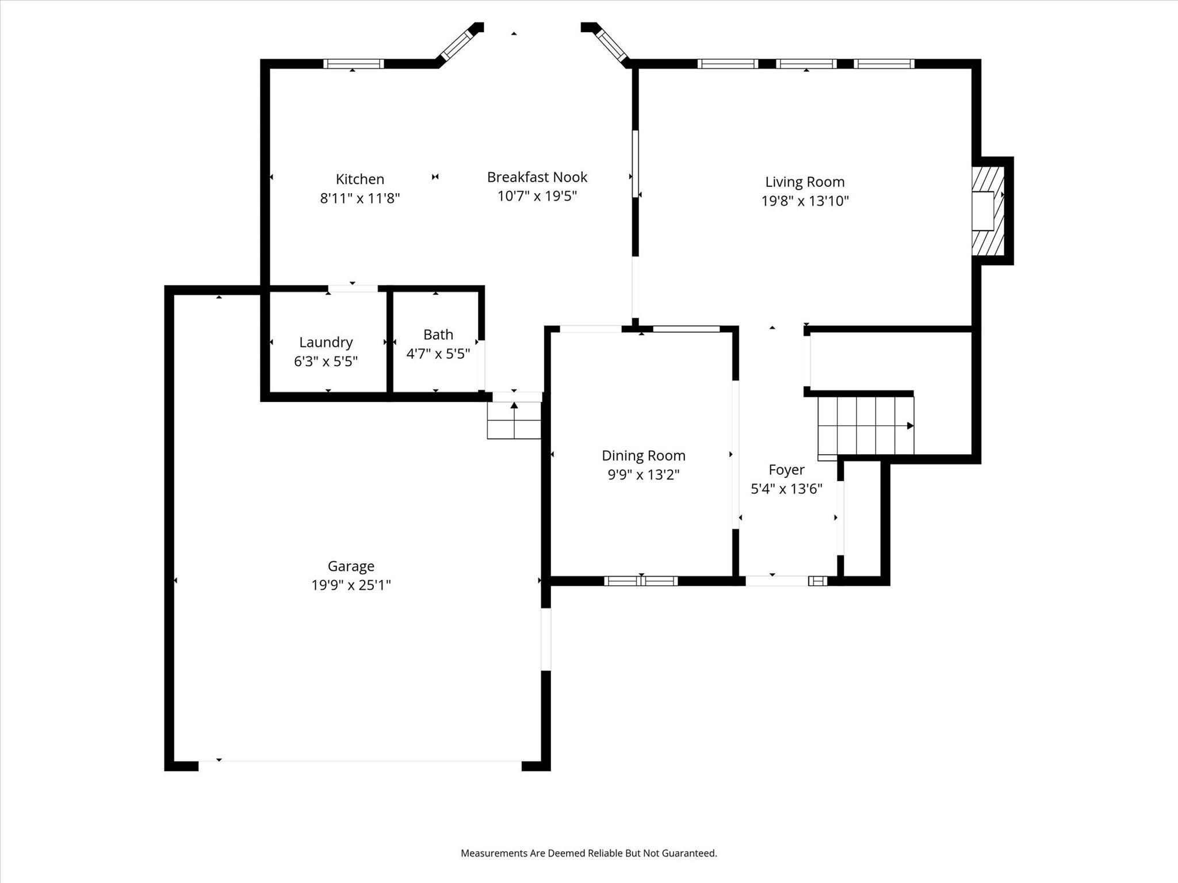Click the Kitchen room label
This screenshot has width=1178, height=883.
[x=359, y=179]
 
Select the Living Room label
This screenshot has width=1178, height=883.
[x=804, y=182]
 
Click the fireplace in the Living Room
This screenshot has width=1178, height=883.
[x=987, y=211]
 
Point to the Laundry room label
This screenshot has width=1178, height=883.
[x=326, y=343]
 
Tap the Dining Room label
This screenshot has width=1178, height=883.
[x=643, y=456]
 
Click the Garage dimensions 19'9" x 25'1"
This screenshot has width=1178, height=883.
[x=351, y=585]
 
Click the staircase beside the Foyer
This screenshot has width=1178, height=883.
[x=865, y=425]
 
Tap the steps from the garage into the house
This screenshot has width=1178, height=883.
[x=514, y=420]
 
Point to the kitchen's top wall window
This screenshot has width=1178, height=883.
[x=353, y=64]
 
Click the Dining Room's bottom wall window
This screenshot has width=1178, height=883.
[x=641, y=581]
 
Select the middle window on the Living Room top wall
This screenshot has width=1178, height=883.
[x=806, y=64]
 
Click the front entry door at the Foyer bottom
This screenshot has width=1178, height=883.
[x=777, y=581]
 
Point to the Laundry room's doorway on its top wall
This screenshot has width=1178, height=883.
[x=353, y=289]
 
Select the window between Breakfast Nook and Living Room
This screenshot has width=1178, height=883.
[x=635, y=164]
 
